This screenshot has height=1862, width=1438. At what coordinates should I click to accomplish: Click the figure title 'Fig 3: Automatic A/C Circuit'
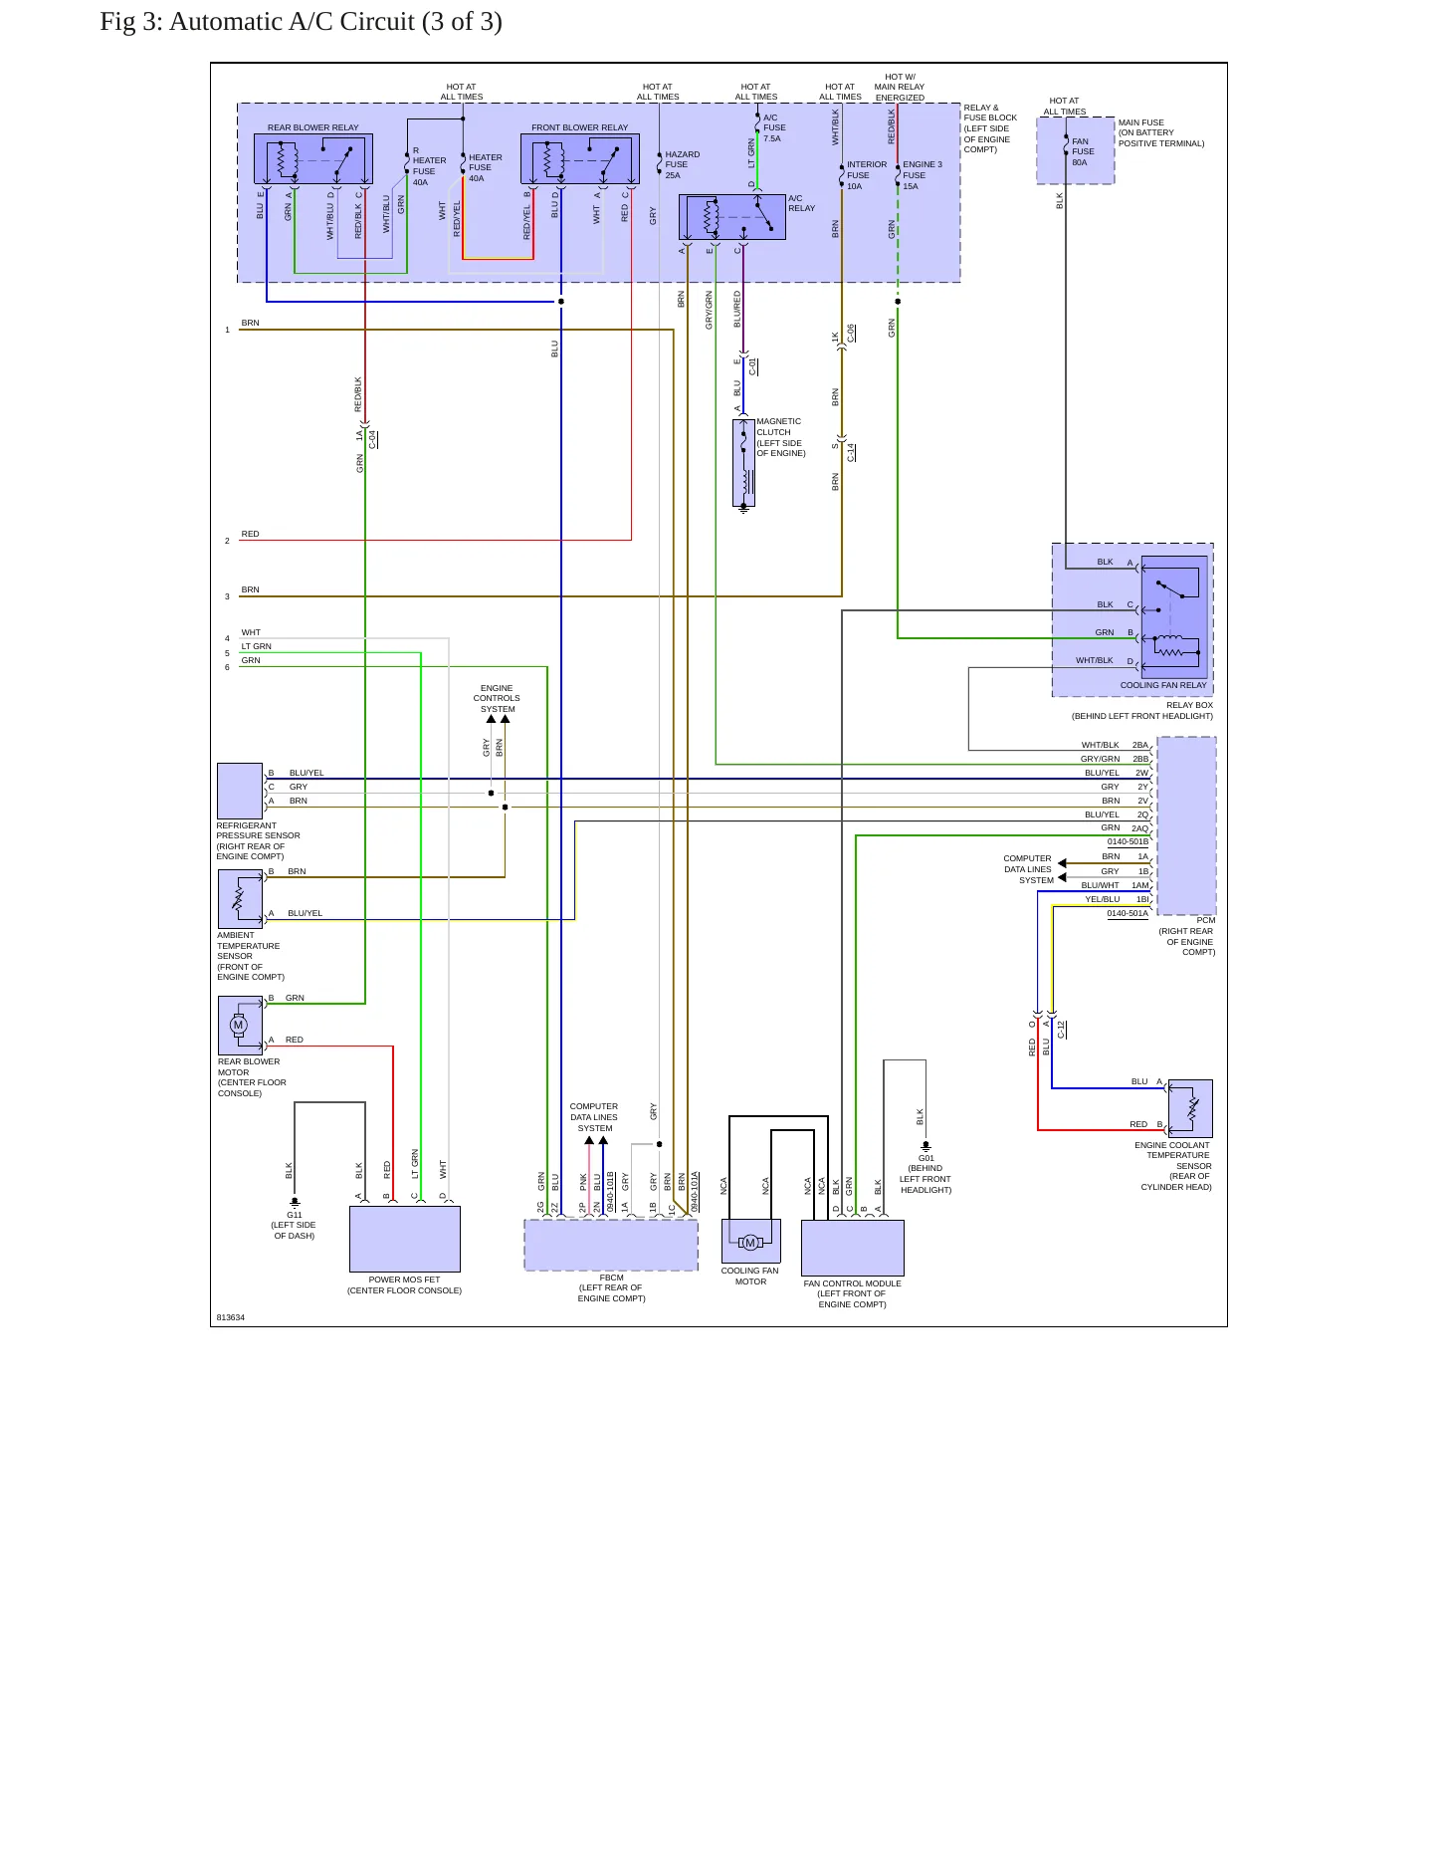(257, 22)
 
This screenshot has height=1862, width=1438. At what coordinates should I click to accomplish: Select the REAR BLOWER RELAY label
(312, 127)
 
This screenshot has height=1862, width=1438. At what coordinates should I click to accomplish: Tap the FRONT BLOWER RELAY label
(579, 127)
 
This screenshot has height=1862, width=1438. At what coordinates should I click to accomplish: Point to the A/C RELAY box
(731, 217)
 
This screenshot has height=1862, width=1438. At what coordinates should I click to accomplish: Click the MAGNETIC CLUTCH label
(778, 427)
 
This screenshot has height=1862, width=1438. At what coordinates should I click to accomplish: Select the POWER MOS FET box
(405, 1239)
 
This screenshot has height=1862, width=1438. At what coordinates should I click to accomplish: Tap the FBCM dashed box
(611, 1245)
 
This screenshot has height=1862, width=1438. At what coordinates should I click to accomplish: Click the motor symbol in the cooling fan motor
(750, 1242)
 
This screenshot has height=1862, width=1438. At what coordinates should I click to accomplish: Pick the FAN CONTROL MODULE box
(853, 1248)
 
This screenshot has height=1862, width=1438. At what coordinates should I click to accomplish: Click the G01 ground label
(926, 1158)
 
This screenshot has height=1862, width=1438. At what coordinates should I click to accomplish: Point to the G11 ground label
(295, 1215)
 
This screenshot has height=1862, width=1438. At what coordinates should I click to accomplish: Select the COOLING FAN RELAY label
(1163, 685)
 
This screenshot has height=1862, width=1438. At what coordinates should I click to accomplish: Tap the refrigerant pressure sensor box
(240, 791)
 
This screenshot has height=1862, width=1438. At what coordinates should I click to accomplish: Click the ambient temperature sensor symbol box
(240, 899)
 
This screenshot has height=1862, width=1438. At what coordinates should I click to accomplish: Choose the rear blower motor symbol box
(240, 1026)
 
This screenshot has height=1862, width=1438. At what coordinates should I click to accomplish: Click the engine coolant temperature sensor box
(1190, 1108)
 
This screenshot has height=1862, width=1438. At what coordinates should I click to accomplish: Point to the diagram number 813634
(230, 1317)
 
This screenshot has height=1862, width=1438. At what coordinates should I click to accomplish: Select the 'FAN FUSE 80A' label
(1083, 151)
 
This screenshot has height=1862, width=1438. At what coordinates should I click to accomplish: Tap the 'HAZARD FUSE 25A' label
(683, 164)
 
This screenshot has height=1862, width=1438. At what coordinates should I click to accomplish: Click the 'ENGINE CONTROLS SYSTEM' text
(497, 698)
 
